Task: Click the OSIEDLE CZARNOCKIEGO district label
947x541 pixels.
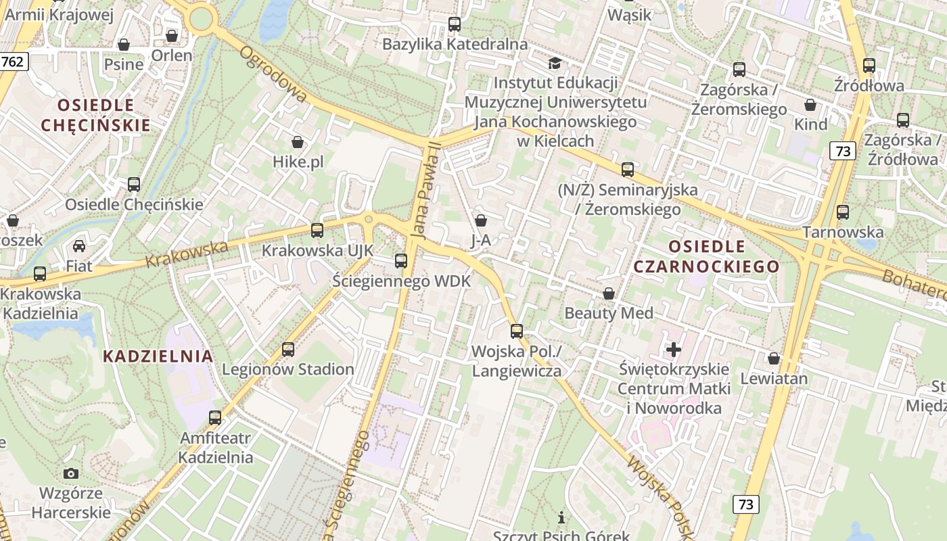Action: (x=706, y=256)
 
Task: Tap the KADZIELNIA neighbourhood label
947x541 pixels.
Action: (x=158, y=356)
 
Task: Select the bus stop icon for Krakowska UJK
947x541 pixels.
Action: (x=317, y=230)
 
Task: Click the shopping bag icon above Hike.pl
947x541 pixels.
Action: (x=298, y=142)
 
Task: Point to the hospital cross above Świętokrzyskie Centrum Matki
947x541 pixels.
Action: (x=674, y=349)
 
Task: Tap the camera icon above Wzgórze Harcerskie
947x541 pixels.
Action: (x=71, y=473)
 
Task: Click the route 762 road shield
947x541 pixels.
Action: (x=12, y=62)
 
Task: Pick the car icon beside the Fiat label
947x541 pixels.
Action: (x=79, y=245)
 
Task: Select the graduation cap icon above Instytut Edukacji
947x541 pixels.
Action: (x=555, y=63)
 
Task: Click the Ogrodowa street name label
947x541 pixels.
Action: (x=273, y=74)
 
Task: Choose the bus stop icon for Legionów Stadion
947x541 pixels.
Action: (x=288, y=349)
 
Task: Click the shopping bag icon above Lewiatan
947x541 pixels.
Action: (x=774, y=358)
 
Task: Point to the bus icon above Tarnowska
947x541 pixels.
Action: (x=843, y=212)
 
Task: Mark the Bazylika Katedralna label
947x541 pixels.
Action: (x=455, y=45)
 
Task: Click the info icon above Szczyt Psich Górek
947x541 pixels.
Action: (x=561, y=518)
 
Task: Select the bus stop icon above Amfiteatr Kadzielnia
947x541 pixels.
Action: (x=215, y=417)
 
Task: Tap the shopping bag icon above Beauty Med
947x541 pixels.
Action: (x=609, y=293)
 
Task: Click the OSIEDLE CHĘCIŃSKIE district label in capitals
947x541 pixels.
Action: (x=95, y=115)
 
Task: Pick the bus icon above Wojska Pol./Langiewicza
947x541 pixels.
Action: (x=517, y=331)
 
